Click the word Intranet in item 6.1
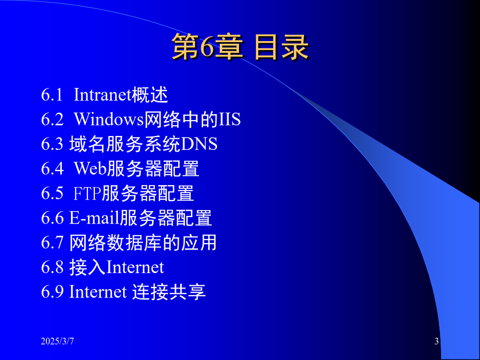click(102, 94)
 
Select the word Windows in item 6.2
click(109, 119)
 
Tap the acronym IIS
click(230, 119)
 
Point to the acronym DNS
click(199, 144)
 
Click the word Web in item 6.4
click(90, 169)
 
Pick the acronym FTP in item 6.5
click(87, 193)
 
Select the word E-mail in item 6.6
click(94, 218)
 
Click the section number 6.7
click(52, 243)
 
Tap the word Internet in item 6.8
click(135, 267)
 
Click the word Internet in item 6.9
click(98, 291)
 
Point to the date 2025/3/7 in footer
click(57, 341)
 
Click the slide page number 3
click(436, 341)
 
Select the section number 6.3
click(52, 144)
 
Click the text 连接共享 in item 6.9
click(169, 291)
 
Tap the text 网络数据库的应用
click(143, 243)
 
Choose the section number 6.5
click(52, 193)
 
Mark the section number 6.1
click(52, 94)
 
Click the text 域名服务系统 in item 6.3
click(125, 144)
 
